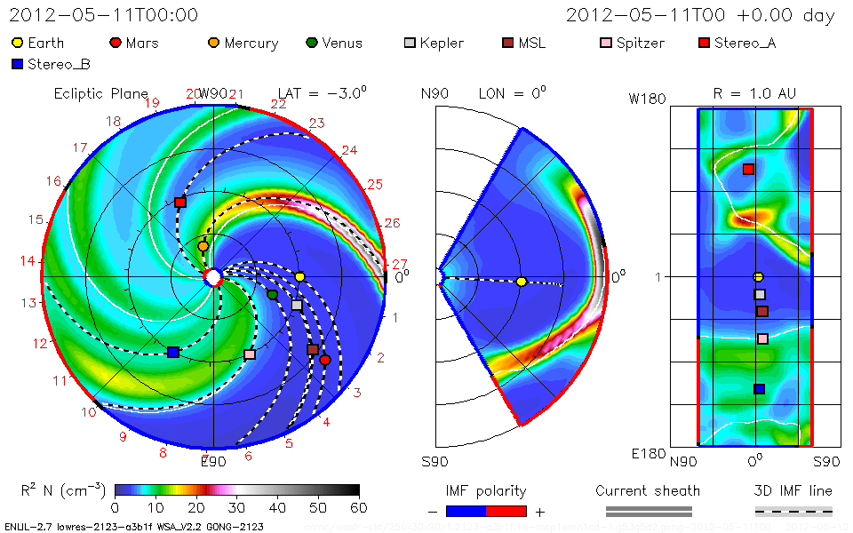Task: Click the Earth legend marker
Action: [x=18, y=43]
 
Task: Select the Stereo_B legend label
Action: [x=58, y=64]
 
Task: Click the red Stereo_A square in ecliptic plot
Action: [x=180, y=203]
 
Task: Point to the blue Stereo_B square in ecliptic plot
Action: [x=172, y=353]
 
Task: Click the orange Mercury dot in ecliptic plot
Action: [x=203, y=246]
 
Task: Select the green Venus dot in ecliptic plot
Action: [x=272, y=294]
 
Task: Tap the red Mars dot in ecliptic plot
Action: [x=325, y=360]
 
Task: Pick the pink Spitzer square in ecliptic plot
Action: [x=250, y=354]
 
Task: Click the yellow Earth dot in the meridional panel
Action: [x=522, y=282]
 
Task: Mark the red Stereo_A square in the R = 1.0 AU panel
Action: [x=748, y=169]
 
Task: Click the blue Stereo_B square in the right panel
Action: [x=759, y=388]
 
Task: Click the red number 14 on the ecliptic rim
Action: [x=28, y=261]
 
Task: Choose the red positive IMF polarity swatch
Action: [x=506, y=512]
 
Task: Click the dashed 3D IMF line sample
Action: [x=793, y=512]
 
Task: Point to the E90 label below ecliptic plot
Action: [x=212, y=461]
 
